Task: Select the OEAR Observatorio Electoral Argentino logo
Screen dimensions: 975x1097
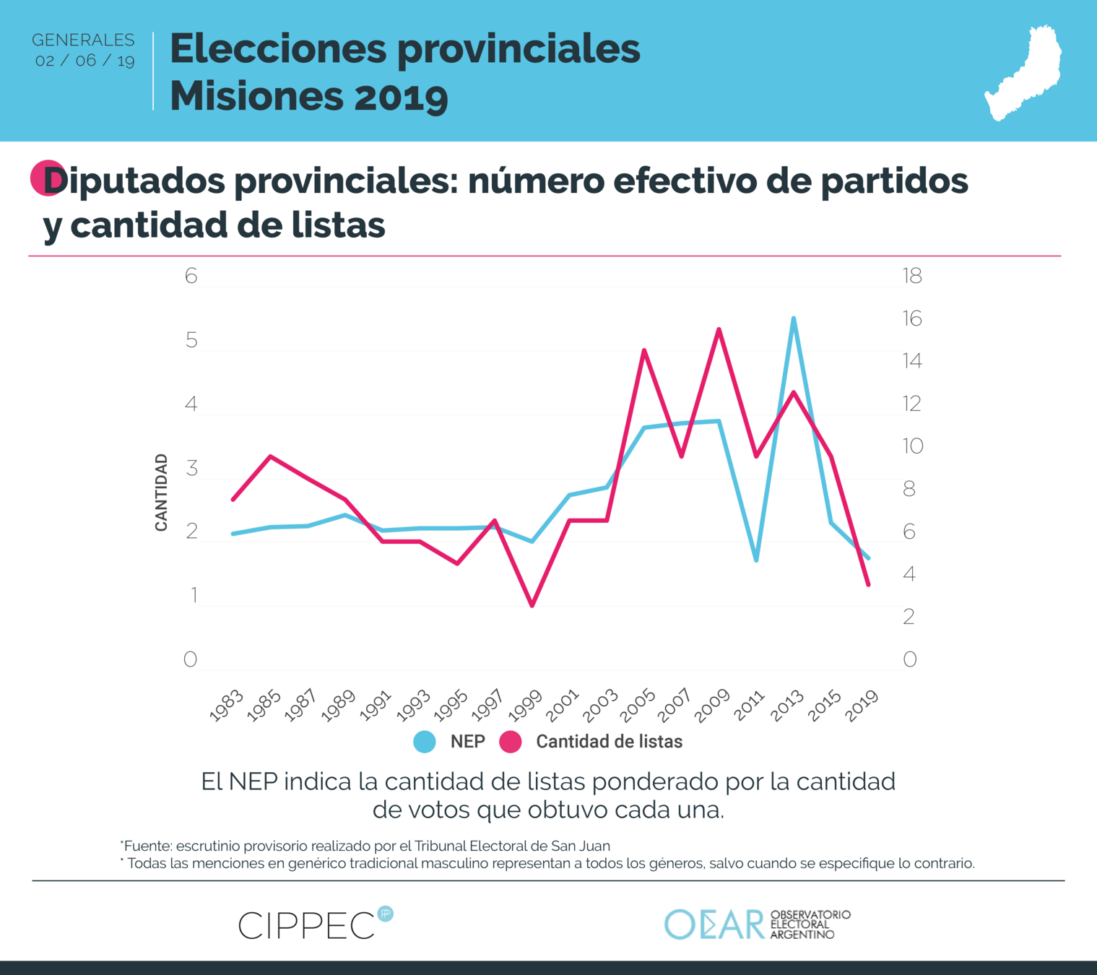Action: pyautogui.click(x=757, y=924)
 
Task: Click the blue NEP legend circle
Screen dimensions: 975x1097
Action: pyautogui.click(x=425, y=742)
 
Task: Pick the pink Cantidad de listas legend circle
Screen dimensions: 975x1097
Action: pyautogui.click(x=511, y=742)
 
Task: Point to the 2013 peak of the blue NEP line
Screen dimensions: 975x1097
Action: pyautogui.click(x=793, y=318)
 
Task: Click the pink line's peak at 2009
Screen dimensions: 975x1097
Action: pyautogui.click(x=719, y=329)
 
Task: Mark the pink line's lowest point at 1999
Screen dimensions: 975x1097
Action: pyautogui.click(x=532, y=605)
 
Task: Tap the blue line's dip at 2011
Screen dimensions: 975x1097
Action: pyautogui.click(x=756, y=560)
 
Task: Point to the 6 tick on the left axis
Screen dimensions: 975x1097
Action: pyautogui.click(x=191, y=276)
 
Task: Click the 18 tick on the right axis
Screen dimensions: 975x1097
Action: pyautogui.click(x=911, y=276)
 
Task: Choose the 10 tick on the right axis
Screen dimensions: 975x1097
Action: pyautogui.click(x=911, y=446)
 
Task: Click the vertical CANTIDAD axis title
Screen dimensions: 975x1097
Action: pyautogui.click(x=161, y=493)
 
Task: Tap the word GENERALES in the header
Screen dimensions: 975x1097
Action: pyautogui.click(x=83, y=40)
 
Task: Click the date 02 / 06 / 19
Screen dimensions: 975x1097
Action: pyautogui.click(x=85, y=61)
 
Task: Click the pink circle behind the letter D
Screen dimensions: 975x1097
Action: pyautogui.click(x=45, y=178)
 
